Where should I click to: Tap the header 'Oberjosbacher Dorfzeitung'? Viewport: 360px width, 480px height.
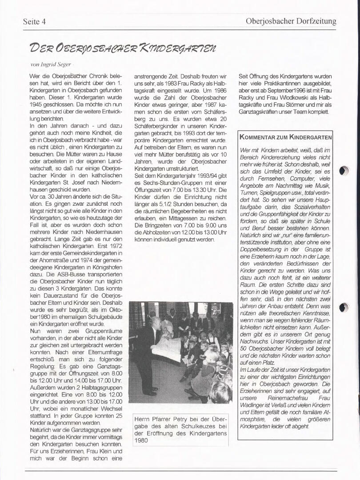click(x=291, y=21)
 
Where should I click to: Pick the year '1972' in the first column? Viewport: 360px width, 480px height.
click(x=114, y=247)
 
